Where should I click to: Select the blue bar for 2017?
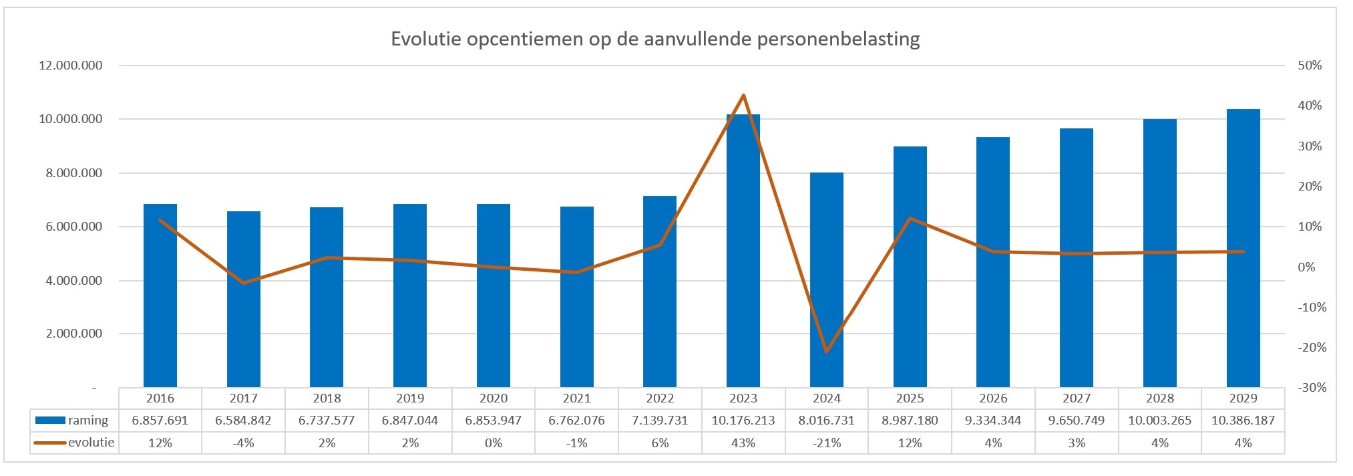pyautogui.click(x=243, y=301)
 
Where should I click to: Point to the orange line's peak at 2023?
pyautogui.click(x=743, y=96)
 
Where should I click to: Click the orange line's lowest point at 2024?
pyautogui.click(x=826, y=351)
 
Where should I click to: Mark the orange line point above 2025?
pyautogui.click(x=910, y=219)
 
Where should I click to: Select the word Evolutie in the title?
pyautogui.click(x=426, y=39)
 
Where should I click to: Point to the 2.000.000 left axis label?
pyautogui.click(x=74, y=334)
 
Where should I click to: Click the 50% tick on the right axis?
pyautogui.click(x=1310, y=66)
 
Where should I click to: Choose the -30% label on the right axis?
pyautogui.click(x=1312, y=388)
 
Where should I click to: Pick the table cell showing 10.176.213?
pyautogui.click(x=743, y=421)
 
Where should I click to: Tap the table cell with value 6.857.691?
pyautogui.click(x=160, y=421)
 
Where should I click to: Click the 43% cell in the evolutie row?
pyautogui.click(x=743, y=443)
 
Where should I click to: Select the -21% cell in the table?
pyautogui.click(x=826, y=443)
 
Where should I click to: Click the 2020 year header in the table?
pyautogui.click(x=494, y=398)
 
